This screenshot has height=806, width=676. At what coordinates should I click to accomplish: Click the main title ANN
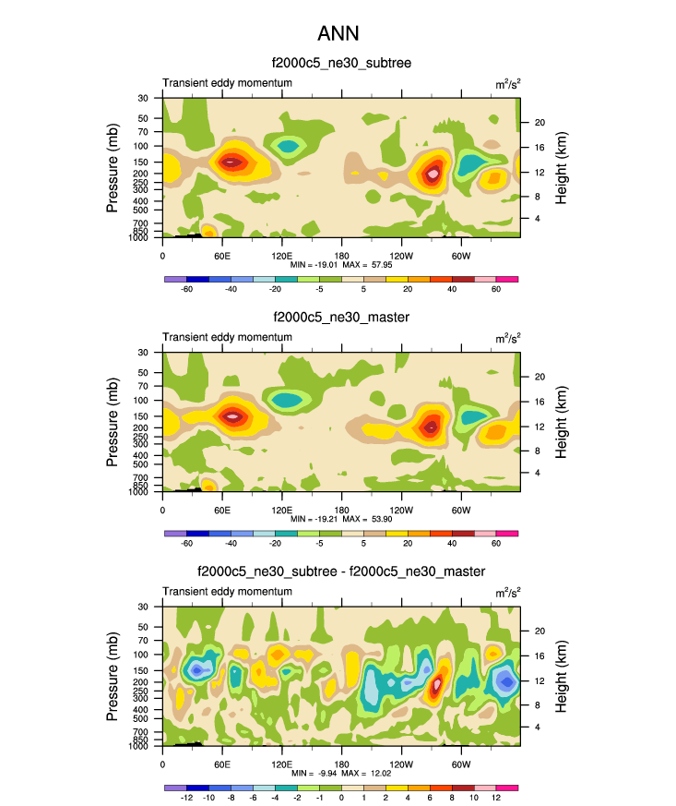pyautogui.click(x=338, y=33)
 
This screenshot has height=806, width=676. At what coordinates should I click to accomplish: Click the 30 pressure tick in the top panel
pyautogui.click(x=143, y=98)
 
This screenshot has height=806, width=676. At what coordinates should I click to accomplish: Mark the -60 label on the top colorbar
pyautogui.click(x=186, y=289)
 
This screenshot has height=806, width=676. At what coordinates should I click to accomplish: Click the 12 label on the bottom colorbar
pyautogui.click(x=496, y=798)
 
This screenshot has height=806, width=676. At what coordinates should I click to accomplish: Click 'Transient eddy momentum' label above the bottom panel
pyautogui.click(x=227, y=591)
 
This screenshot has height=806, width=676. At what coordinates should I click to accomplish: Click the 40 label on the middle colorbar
pyautogui.click(x=452, y=544)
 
